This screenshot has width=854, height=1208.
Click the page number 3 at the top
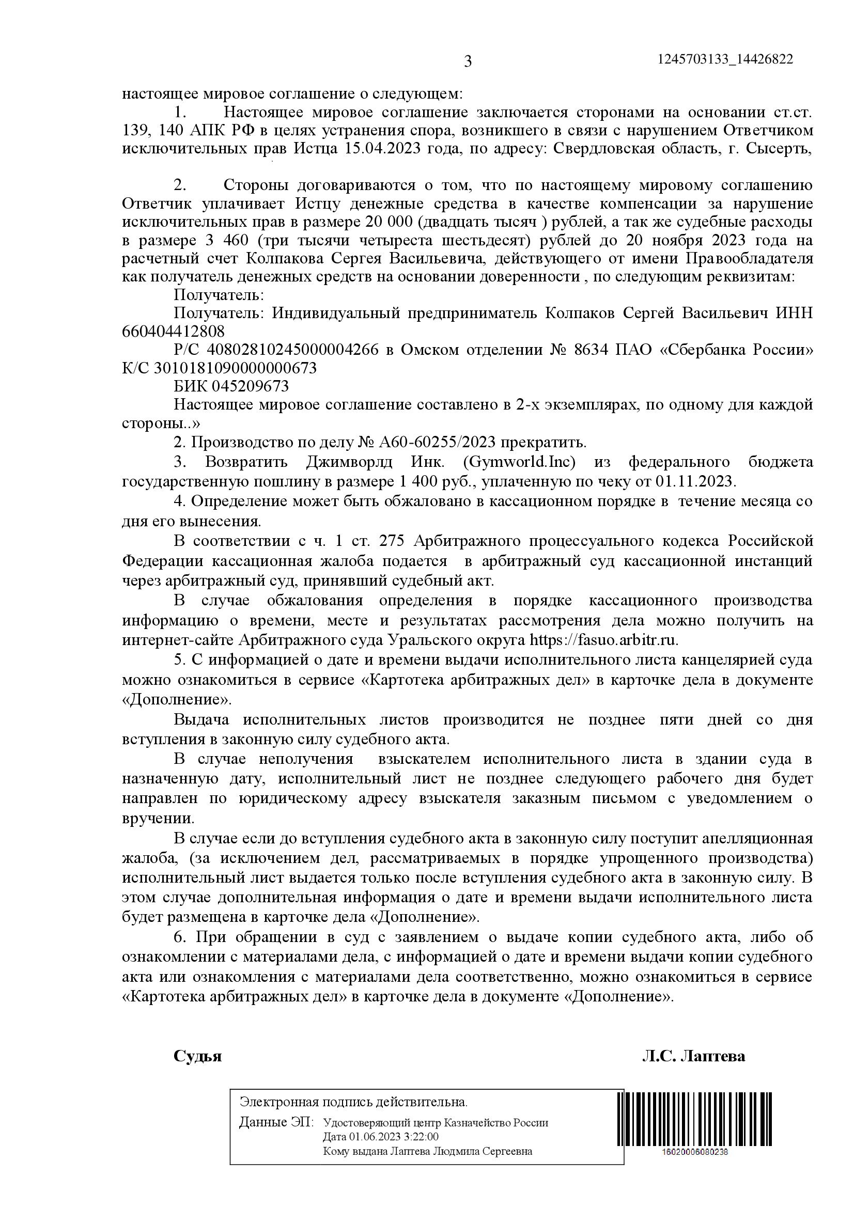coord(468,62)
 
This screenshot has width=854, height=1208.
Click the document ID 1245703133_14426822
coord(725,59)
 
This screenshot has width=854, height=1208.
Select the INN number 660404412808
coord(173,332)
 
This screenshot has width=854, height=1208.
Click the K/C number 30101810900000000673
coord(235,368)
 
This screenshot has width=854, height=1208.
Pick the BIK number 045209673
coord(250,386)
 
